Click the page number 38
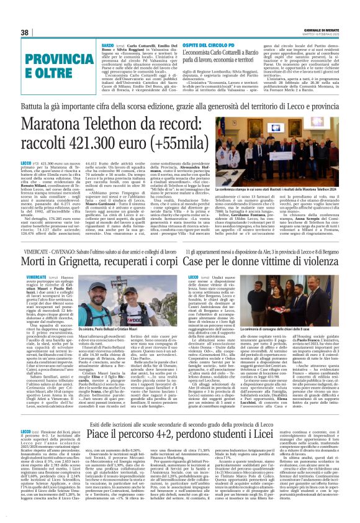point(25,32)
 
